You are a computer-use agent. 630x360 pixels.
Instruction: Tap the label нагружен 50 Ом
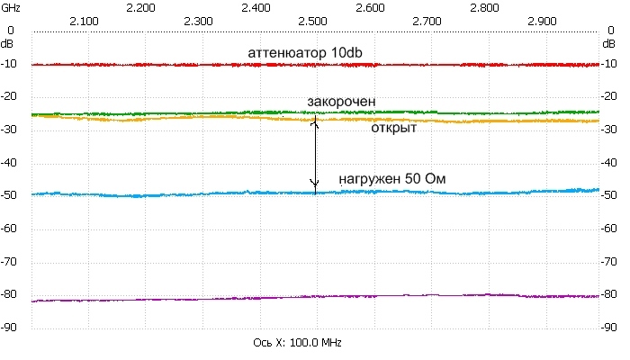coord(392,179)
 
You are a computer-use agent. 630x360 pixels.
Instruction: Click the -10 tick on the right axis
coord(614,65)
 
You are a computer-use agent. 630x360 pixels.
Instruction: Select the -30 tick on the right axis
coord(614,130)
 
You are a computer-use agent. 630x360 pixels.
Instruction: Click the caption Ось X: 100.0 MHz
coord(298,344)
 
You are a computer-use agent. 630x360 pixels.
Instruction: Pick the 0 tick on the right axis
coord(616,31)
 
